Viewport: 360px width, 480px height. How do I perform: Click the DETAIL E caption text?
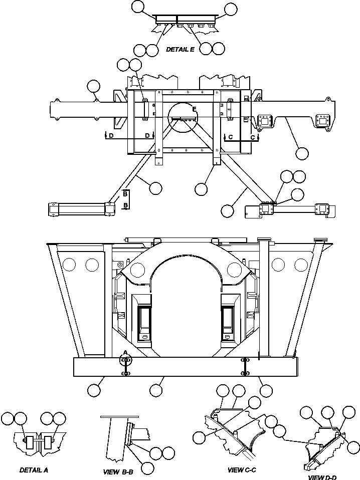pyautogui.click(x=180, y=49)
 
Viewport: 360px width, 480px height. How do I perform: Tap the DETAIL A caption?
pyautogui.click(x=34, y=470)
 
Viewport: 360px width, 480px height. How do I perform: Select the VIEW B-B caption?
pyautogui.click(x=118, y=472)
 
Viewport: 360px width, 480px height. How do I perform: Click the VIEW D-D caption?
pyautogui.click(x=323, y=476)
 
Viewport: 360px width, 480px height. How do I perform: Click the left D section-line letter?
pyautogui.click(x=111, y=136)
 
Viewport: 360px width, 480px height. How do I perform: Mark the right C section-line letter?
pyautogui.click(x=253, y=136)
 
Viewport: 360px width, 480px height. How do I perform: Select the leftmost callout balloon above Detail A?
pyautogui.click(x=8, y=419)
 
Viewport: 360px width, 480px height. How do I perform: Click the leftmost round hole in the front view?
pyautogui.click(x=70, y=264)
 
